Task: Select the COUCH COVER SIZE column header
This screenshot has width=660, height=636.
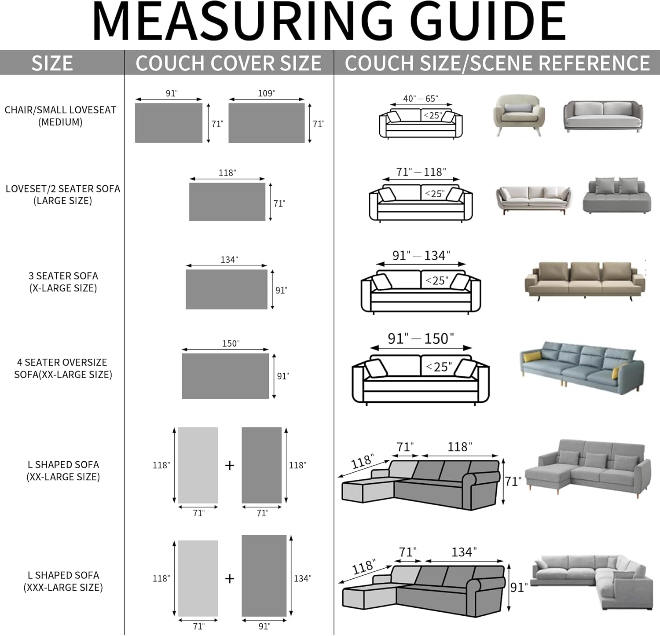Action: (x=228, y=63)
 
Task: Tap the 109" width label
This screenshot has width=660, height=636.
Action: (x=266, y=93)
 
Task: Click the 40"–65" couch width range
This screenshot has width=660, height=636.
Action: (x=420, y=99)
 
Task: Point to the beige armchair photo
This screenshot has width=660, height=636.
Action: (x=518, y=114)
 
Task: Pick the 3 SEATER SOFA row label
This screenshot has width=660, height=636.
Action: (x=63, y=282)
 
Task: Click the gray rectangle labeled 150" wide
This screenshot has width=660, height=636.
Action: (x=225, y=376)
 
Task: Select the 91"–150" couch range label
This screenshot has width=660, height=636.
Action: (x=421, y=338)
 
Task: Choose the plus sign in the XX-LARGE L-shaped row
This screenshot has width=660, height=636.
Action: (x=229, y=465)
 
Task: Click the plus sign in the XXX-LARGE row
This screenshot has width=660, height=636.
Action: (x=229, y=578)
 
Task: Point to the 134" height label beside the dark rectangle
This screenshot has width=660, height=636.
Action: (x=302, y=578)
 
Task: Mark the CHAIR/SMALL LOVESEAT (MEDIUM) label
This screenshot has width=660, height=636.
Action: (x=60, y=116)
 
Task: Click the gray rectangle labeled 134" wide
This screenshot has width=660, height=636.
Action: (x=226, y=289)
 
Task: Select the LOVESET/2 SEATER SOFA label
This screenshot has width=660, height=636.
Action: (x=63, y=195)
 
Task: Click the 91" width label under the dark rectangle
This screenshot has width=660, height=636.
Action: (x=264, y=626)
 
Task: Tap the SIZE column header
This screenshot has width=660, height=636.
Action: (x=52, y=63)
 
